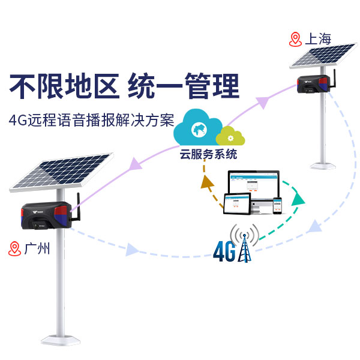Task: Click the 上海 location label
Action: tap(318, 40)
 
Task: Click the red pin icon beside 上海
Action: tap(295, 40)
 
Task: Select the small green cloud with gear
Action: tap(232, 136)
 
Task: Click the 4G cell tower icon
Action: tap(245, 244)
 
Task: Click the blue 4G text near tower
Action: tap(223, 250)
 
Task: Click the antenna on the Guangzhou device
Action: tap(78, 206)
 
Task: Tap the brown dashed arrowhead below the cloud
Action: tap(208, 181)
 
